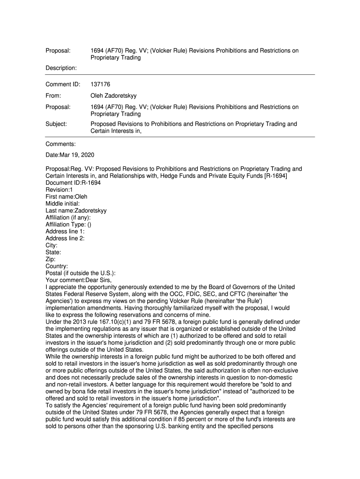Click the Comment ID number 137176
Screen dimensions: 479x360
100,85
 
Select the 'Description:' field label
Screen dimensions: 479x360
61,68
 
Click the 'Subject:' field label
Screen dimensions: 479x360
56,124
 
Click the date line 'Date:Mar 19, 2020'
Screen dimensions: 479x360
70,155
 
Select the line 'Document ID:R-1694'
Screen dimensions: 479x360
73,183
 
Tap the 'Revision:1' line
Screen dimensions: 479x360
59,190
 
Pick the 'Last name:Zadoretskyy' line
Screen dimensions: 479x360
76,210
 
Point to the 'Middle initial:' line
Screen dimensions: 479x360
63,203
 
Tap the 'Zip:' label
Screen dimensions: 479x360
50,259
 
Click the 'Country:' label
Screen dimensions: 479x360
57,266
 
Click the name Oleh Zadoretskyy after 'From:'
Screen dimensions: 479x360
114,96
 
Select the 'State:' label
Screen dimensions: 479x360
53,252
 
